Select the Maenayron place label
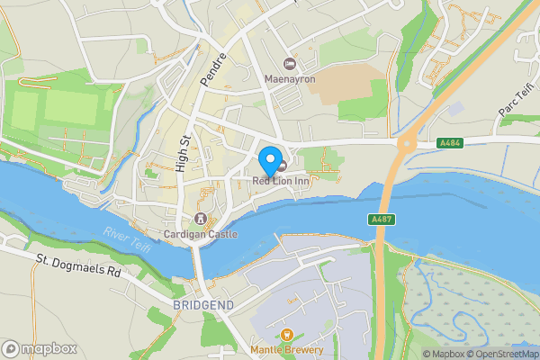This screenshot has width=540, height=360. pos(289,78)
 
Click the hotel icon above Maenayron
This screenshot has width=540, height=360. pos(289,64)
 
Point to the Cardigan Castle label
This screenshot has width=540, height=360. pos(201,234)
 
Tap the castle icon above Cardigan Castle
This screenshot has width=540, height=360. pos(201,220)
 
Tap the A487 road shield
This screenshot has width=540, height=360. pos(380,220)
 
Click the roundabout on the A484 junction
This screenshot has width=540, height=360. pos(408,141)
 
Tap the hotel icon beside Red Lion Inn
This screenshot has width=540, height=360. pos(283,166)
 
